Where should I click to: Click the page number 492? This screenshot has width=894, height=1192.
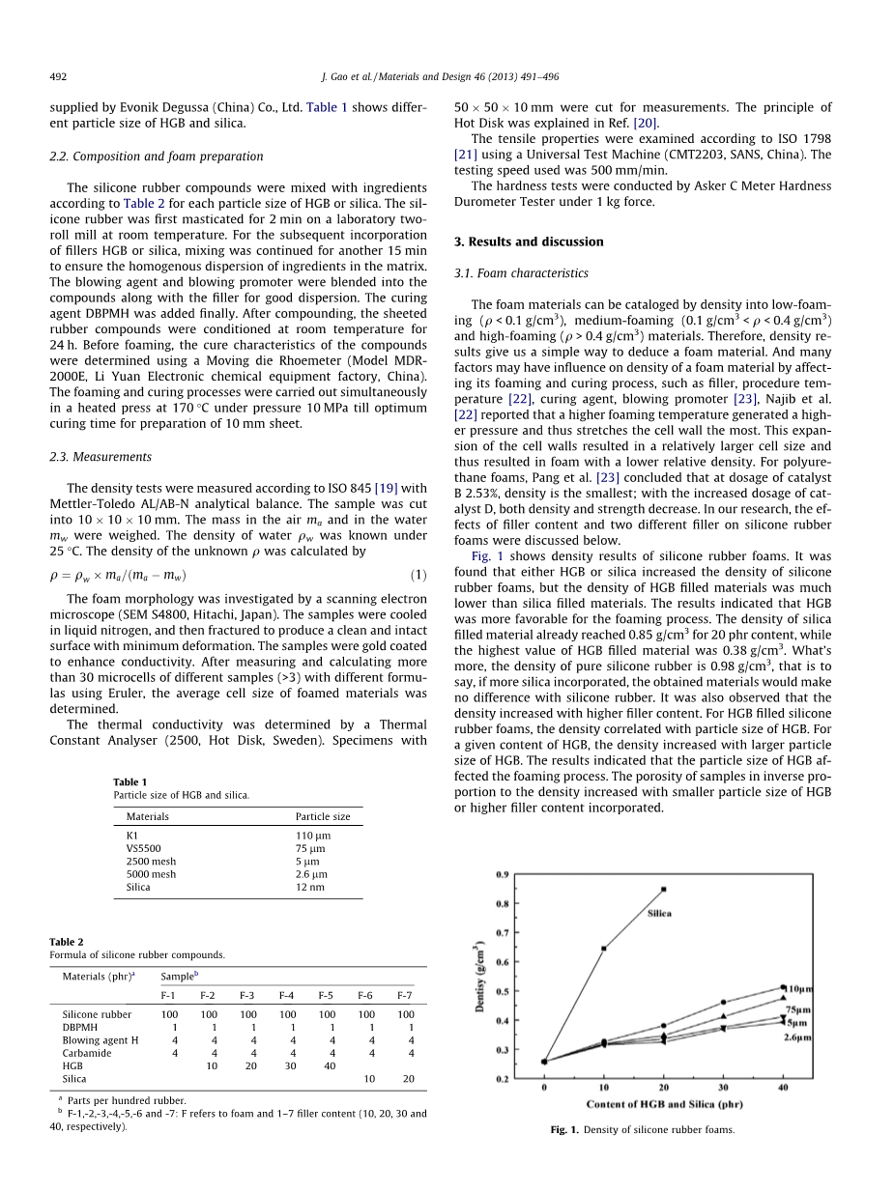point(57,76)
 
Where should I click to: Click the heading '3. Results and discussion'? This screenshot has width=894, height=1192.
point(529,241)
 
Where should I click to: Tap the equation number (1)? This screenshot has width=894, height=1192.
point(418,576)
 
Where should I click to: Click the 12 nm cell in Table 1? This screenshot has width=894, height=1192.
point(309,887)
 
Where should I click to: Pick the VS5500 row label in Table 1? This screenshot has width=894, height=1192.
point(144,848)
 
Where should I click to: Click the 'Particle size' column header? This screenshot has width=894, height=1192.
point(323,816)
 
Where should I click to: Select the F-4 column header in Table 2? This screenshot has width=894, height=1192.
point(287,994)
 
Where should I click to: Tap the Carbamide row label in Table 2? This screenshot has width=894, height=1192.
point(85,1053)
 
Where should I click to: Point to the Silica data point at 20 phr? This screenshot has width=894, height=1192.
point(664,889)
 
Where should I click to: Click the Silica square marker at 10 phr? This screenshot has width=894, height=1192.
point(604,948)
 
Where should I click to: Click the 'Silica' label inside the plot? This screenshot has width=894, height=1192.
point(659,913)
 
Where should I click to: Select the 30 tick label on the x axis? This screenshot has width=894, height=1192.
point(724,1088)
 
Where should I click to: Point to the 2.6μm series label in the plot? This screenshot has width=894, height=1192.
point(797,1036)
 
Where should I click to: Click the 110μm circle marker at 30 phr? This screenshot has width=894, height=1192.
point(724,1002)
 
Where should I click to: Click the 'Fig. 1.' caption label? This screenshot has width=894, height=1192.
point(564,1129)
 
